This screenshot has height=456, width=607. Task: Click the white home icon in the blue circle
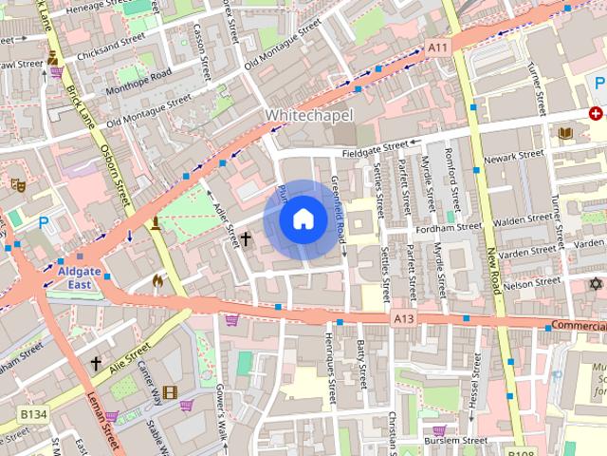(x=302, y=219)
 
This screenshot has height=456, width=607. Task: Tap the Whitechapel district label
(x=309, y=115)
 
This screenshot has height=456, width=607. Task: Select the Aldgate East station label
(x=80, y=276)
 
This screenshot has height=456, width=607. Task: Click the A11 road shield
(x=437, y=47)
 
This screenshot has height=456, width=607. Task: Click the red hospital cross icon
(x=596, y=113)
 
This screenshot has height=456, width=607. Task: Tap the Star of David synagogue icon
(x=596, y=284)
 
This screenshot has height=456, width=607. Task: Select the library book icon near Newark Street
(x=566, y=134)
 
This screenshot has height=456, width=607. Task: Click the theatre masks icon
(x=16, y=184)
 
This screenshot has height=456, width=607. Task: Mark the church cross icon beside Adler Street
(x=245, y=239)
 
